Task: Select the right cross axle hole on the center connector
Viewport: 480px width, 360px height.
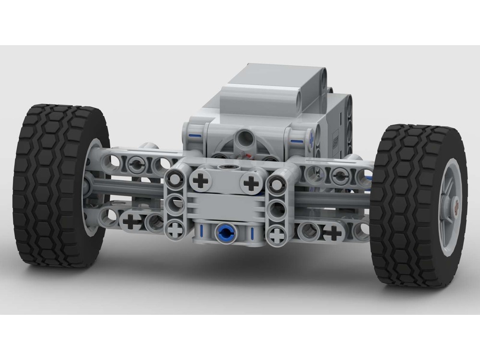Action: coord(250,182)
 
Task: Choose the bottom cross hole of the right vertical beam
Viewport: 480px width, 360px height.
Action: coord(276,234)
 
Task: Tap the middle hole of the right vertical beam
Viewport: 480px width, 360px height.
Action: coord(276,208)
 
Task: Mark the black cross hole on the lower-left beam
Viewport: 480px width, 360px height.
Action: coord(131,222)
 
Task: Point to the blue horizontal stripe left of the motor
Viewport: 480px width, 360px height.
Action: coord(195,135)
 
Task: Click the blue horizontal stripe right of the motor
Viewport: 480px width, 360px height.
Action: coord(297,142)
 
